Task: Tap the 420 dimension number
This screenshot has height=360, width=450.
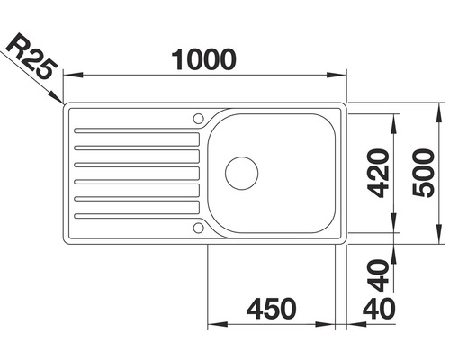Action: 378,173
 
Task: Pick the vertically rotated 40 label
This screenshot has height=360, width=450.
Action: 378,268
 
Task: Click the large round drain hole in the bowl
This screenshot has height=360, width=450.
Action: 241,172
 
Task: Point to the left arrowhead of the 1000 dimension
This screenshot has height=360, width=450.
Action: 72,76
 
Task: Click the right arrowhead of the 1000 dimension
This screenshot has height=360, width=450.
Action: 342,76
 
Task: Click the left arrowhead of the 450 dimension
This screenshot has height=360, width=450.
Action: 214,324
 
